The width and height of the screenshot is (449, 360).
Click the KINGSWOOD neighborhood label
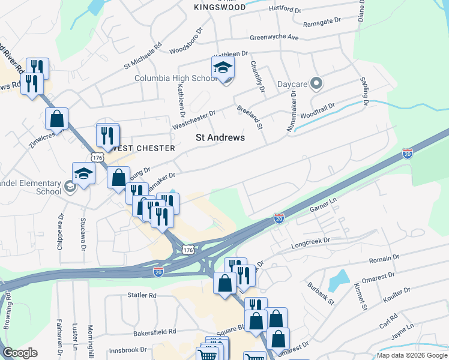pos(220,7)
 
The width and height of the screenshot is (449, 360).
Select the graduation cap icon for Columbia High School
pos(223,68)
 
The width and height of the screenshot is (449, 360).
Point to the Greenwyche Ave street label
pos(274,37)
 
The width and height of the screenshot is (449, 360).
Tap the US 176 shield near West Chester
pos(97,157)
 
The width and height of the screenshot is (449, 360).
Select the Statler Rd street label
pos(142,295)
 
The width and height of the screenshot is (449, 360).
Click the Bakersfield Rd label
pos(155,331)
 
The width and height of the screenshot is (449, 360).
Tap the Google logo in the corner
pos(20,353)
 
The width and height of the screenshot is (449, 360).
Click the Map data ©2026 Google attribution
pos(411,355)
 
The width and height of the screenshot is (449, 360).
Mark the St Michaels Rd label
pos(143,55)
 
